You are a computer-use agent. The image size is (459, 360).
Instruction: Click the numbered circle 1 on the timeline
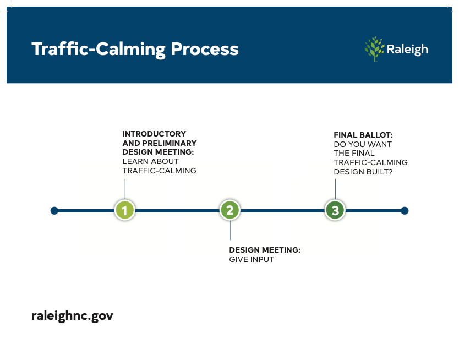click(125, 210)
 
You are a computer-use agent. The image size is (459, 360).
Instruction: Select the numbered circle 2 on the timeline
click(230, 210)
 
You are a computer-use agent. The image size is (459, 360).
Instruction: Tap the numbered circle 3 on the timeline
click(335, 210)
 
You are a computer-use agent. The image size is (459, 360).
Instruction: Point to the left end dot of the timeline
click(54, 210)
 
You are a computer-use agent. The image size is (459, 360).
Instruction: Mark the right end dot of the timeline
click(405, 210)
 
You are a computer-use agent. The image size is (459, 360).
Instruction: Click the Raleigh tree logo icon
click(374, 49)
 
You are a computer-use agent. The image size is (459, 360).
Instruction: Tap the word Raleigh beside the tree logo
click(407, 50)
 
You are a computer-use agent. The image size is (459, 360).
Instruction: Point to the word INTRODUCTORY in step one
click(154, 134)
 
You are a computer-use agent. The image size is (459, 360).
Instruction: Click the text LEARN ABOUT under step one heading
click(150, 161)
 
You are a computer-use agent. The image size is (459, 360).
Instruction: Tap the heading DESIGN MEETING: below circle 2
click(265, 250)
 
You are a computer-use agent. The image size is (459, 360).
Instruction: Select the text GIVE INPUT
click(251, 259)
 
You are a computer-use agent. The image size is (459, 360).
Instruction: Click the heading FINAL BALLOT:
click(363, 135)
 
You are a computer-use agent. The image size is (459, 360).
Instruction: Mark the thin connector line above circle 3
click(335, 189)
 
